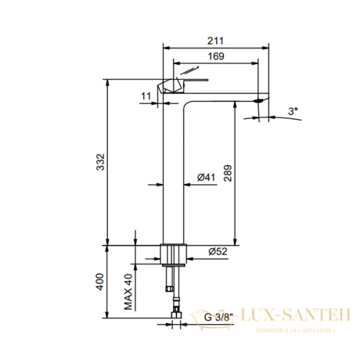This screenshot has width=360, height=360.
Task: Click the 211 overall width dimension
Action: [215, 41]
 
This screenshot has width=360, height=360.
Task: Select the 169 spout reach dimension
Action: [216, 56]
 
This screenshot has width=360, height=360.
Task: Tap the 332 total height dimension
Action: [100, 162]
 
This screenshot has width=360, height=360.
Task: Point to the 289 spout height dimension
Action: [228, 173]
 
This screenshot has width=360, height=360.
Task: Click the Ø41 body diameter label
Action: [206, 177]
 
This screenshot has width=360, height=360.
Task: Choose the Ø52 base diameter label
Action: [218, 251]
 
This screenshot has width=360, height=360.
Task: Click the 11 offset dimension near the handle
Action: [146, 96]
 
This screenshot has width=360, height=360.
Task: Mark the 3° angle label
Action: [293, 112]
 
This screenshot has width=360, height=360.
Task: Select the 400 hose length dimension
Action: [100, 282]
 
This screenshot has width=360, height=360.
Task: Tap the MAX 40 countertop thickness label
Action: [128, 292]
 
